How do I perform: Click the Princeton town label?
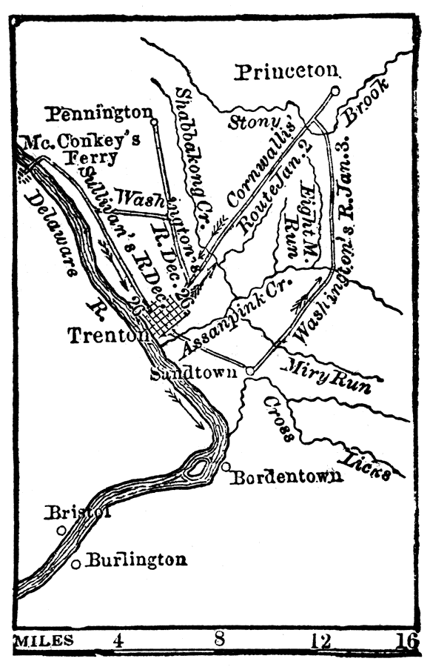coord(287,72)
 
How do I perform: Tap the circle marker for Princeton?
coord(335,91)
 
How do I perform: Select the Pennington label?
coord(98,113)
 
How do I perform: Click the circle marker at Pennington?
coord(154,122)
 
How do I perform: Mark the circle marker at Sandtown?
coord(249,371)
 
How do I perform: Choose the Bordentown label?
coord(287,477)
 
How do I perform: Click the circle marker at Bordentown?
coord(226,467)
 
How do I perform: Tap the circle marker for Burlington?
coord(76,565)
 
